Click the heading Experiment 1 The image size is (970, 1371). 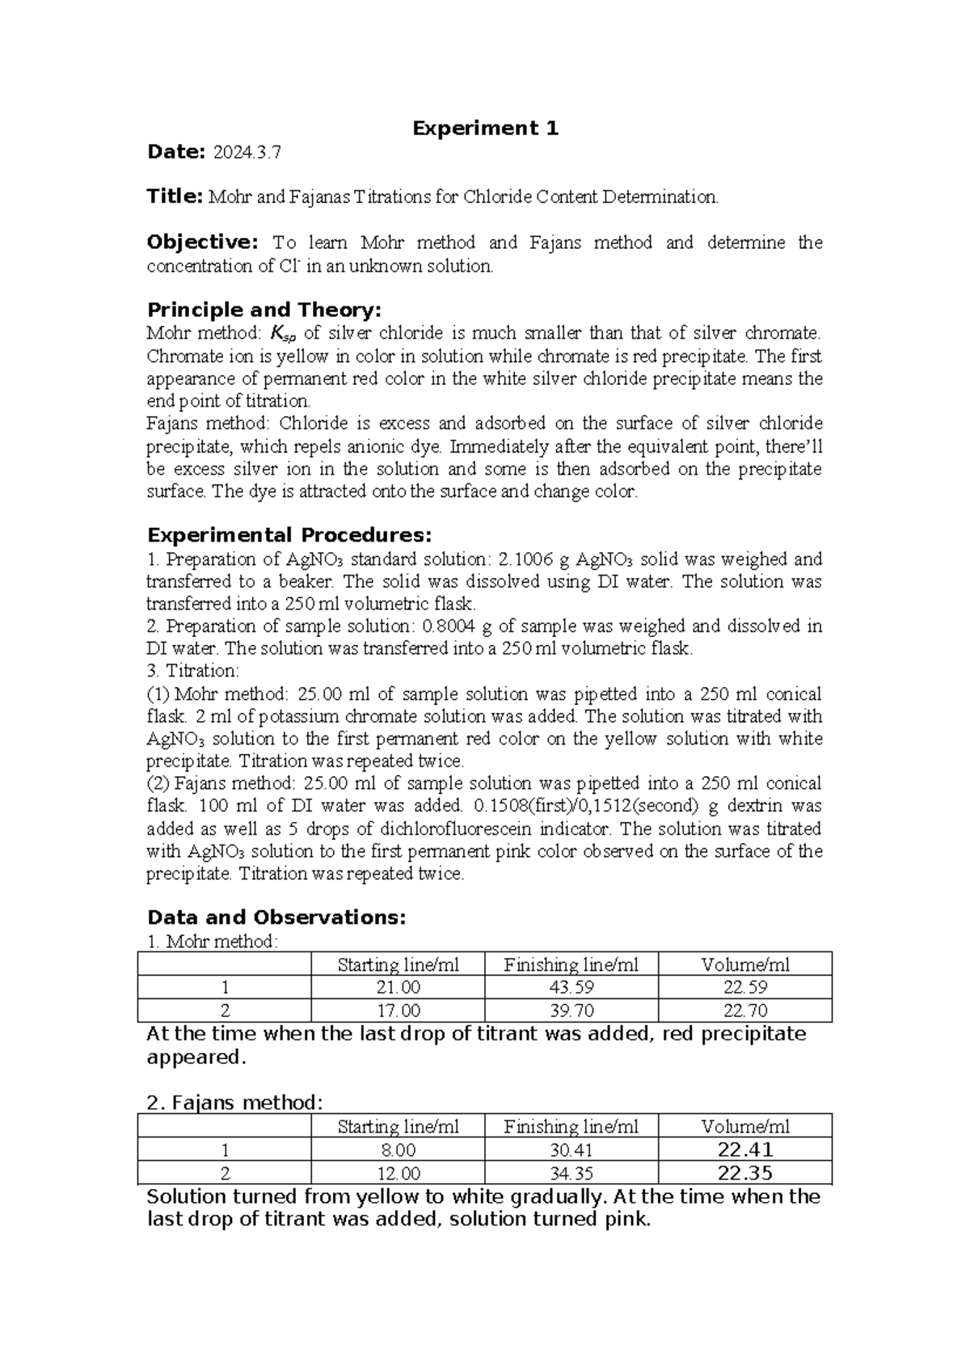click(485, 128)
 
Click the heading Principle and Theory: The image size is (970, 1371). click(264, 310)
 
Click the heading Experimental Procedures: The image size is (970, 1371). click(289, 535)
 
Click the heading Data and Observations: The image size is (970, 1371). click(276, 918)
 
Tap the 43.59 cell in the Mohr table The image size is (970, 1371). click(571, 988)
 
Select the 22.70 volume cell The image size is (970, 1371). click(744, 1010)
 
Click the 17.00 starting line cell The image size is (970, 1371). click(398, 1010)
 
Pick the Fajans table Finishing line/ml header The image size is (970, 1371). click(571, 1127)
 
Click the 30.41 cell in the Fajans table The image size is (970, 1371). click(571, 1150)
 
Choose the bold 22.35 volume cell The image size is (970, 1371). click(744, 1173)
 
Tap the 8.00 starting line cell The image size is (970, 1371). click(398, 1150)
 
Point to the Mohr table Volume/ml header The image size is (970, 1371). click(744, 964)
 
